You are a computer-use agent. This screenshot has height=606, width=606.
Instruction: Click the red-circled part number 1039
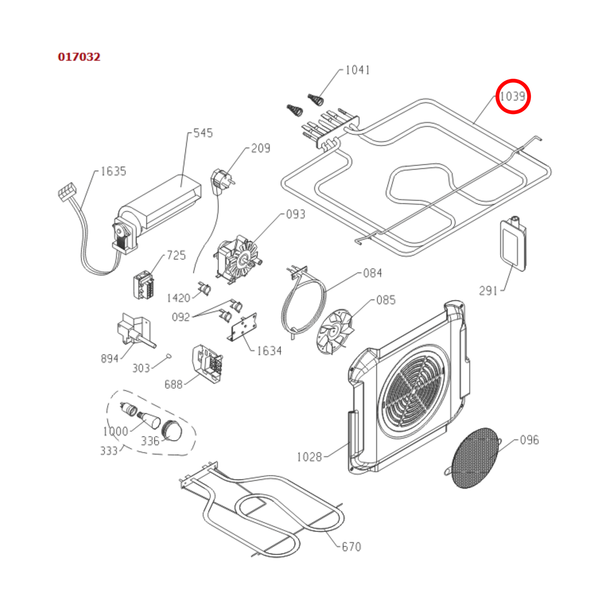513,96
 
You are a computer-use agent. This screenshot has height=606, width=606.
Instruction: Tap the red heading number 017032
79,57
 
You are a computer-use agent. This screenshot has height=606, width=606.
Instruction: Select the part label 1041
357,70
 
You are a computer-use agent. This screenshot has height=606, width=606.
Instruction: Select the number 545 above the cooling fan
203,133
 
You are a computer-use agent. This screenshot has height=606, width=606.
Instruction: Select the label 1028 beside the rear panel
309,457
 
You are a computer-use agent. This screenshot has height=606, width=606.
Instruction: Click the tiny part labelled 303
169,356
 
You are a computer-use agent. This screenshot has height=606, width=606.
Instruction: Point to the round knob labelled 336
172,430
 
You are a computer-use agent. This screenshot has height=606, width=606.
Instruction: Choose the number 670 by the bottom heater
351,547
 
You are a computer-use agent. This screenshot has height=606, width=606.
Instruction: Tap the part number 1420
179,298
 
